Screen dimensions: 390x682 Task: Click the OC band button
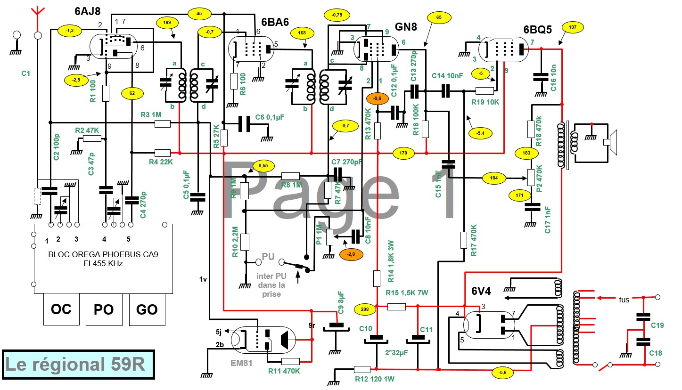coord(61,309)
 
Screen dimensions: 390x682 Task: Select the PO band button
coord(104,309)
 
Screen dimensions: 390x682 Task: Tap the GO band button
coord(147,309)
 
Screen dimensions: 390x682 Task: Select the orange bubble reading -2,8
coord(351,254)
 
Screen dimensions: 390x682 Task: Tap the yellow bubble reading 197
coord(573,28)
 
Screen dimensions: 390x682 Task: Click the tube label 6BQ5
coord(537,30)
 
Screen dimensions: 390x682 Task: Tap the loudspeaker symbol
coord(610,141)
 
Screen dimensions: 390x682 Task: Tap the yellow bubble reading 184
coord(494,178)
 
